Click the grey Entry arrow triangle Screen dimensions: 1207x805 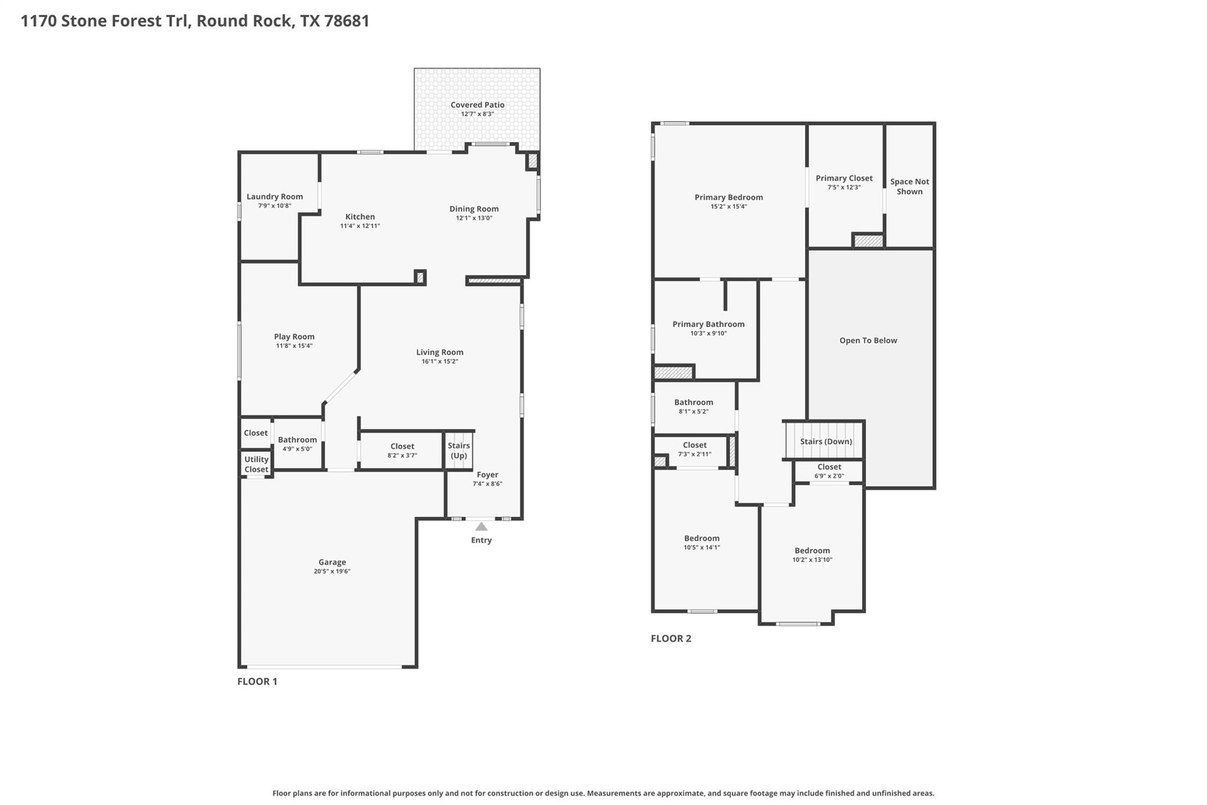point(482,527)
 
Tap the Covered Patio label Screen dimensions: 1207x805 point(477,105)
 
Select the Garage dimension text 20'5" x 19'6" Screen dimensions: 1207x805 point(332,571)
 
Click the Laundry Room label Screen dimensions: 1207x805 point(275,197)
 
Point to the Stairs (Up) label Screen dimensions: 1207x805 point(459,451)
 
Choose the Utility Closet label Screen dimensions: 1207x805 point(256,465)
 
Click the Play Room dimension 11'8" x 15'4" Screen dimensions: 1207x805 point(294,346)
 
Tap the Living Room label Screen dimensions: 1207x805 point(440,353)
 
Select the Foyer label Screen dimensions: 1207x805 point(487,475)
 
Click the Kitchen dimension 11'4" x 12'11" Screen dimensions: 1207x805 point(360,226)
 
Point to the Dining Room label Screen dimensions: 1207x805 point(474,209)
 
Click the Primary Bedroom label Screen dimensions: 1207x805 point(728,198)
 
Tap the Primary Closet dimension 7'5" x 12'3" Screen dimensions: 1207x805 point(844,188)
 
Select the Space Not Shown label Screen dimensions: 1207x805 point(909,186)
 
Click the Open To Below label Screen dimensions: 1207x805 point(868,340)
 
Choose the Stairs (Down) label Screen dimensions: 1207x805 point(826,442)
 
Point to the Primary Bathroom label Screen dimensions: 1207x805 point(708,324)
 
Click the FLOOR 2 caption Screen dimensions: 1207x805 point(671,638)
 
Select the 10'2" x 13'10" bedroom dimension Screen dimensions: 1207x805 point(812,560)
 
